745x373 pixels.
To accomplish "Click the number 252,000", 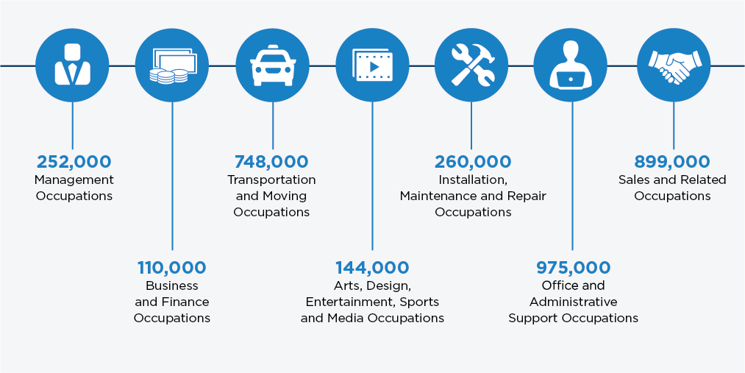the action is coord(74,162).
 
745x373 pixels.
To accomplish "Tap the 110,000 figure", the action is coord(172,268).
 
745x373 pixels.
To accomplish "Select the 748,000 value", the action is coord(271,162).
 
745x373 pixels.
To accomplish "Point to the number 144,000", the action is coord(372,268).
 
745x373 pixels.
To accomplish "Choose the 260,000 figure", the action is coord(473,162).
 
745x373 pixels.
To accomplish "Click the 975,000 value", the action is coord(573,268).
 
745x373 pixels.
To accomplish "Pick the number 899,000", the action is coord(672,162).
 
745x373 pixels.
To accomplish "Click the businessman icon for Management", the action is coord(72,65).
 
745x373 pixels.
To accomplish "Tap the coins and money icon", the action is coord(172,65).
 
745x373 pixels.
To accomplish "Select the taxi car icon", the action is coord(273,65).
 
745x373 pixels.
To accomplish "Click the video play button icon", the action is coord(372,65).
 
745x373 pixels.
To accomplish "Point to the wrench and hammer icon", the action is coord(473,65).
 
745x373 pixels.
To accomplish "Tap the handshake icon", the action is coord(673,66).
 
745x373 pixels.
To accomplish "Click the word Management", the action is coord(74,180).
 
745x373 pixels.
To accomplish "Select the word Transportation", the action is coord(271,180).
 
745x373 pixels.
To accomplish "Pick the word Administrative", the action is coord(574,302).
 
